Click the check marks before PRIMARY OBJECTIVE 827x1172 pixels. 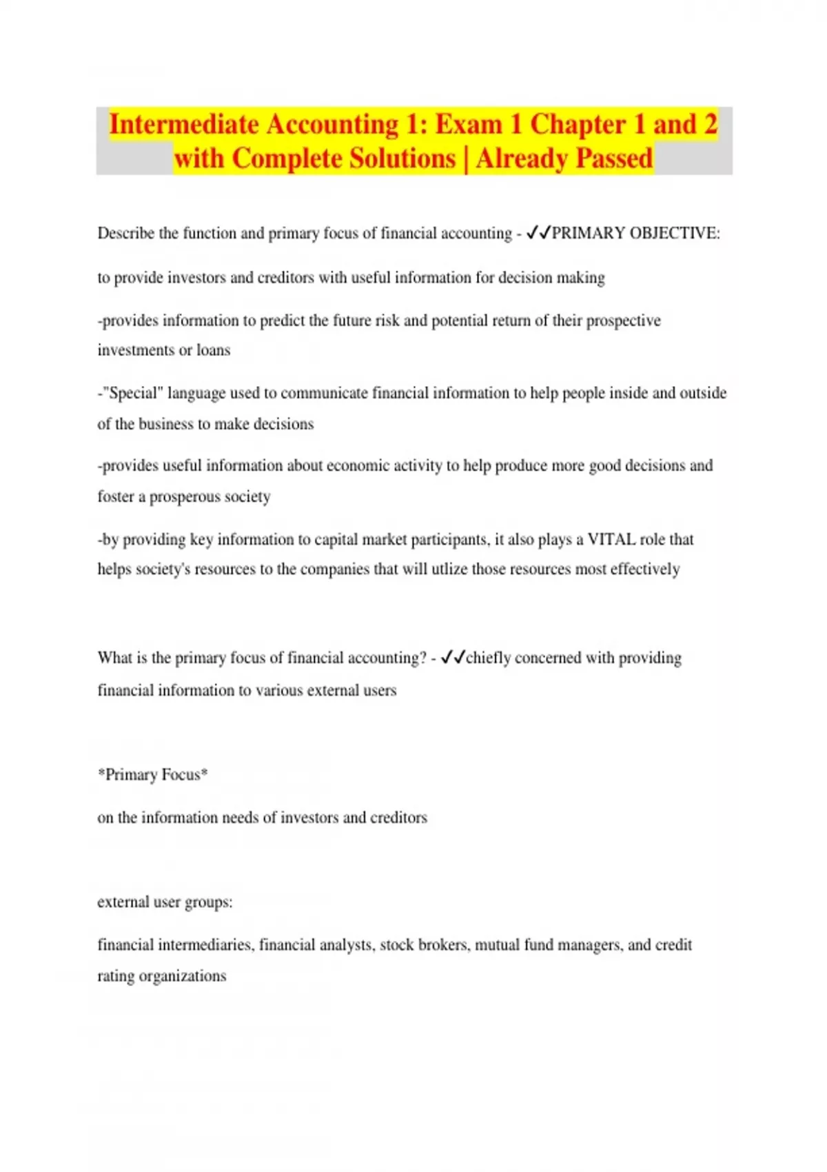[538, 233]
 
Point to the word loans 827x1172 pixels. [213, 350]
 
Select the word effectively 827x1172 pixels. [645, 569]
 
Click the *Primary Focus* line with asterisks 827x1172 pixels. [152, 775]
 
